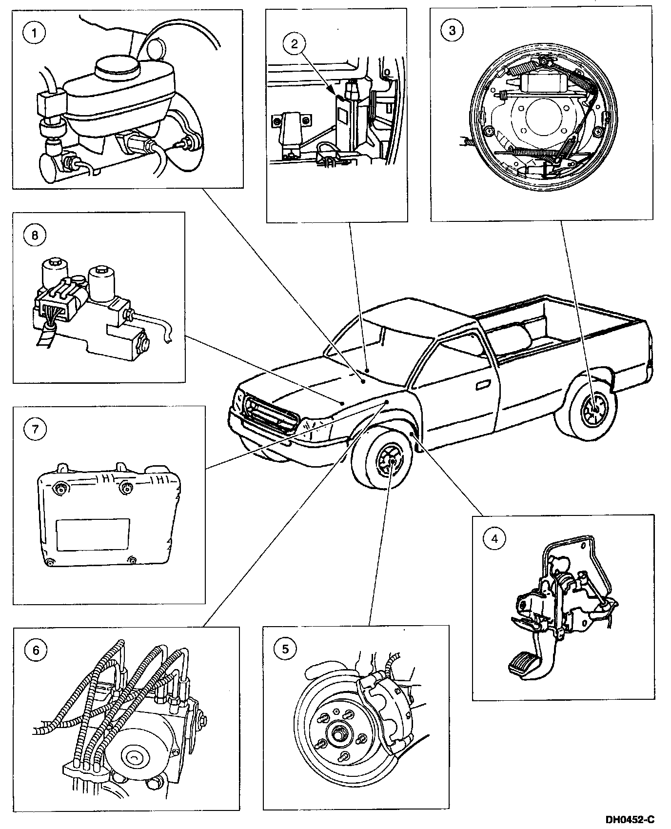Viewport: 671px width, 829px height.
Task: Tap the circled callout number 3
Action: coord(452,31)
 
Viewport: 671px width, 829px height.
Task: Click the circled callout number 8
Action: coord(35,235)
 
